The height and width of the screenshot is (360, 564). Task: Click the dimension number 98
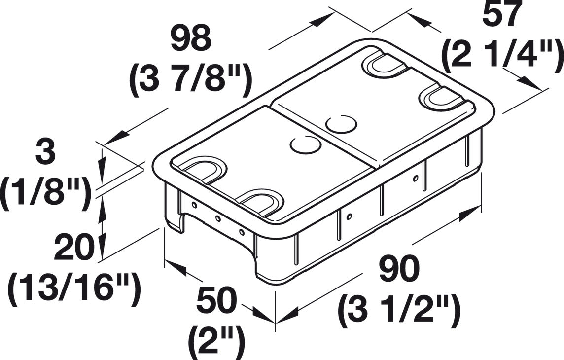(191, 38)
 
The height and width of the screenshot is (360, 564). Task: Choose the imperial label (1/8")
(46, 195)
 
